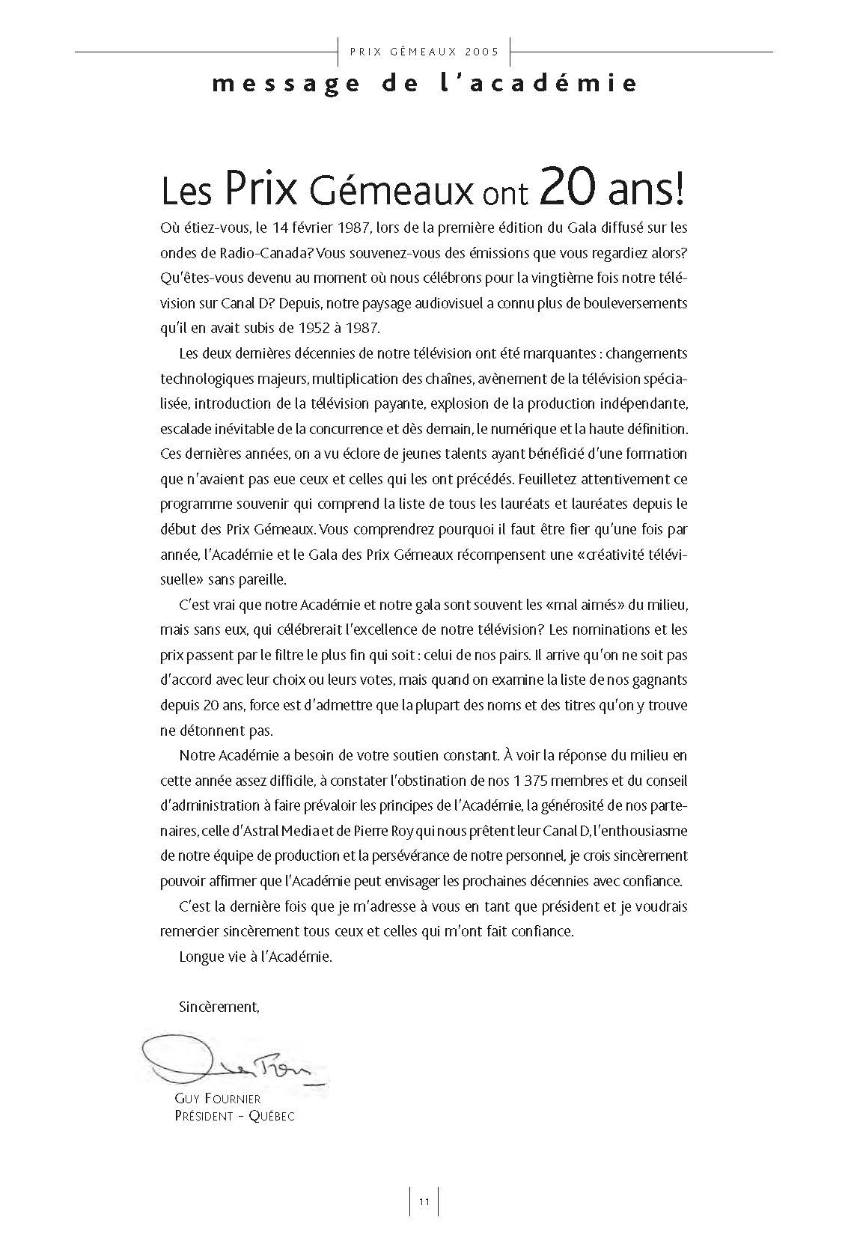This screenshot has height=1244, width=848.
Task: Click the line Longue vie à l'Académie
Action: pos(255,957)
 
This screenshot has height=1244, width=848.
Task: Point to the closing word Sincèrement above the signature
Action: pos(219,1007)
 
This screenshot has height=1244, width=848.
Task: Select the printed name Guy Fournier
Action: pos(217,1099)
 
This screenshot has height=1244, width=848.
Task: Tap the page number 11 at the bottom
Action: pos(424,1202)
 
